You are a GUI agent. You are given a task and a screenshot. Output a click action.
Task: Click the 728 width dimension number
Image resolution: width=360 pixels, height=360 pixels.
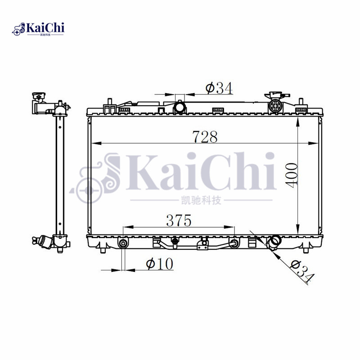pyautogui.click(x=205, y=136)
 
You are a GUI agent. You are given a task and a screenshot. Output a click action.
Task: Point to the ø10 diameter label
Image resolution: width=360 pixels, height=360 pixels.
pyautogui.click(x=159, y=264)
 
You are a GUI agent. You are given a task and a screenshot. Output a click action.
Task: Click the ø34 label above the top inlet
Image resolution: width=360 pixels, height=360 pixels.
pyautogui.click(x=219, y=88)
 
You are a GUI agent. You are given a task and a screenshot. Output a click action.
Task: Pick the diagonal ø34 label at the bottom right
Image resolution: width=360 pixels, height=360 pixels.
pyautogui.click(x=301, y=271)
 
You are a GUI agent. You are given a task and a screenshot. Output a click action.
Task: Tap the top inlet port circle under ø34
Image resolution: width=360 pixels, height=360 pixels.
pyautogui.click(x=180, y=108)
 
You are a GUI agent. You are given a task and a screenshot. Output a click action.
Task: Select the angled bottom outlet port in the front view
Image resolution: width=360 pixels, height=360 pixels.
pyautogui.click(x=273, y=243)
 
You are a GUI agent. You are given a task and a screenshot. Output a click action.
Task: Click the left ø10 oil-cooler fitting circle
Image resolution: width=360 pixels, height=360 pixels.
pyautogui.click(x=123, y=244)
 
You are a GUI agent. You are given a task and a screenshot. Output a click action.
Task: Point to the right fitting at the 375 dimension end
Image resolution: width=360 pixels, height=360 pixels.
pyautogui.click(x=234, y=244)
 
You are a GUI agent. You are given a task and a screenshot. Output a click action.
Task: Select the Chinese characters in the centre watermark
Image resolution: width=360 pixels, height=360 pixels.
pyautogui.click(x=201, y=200)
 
